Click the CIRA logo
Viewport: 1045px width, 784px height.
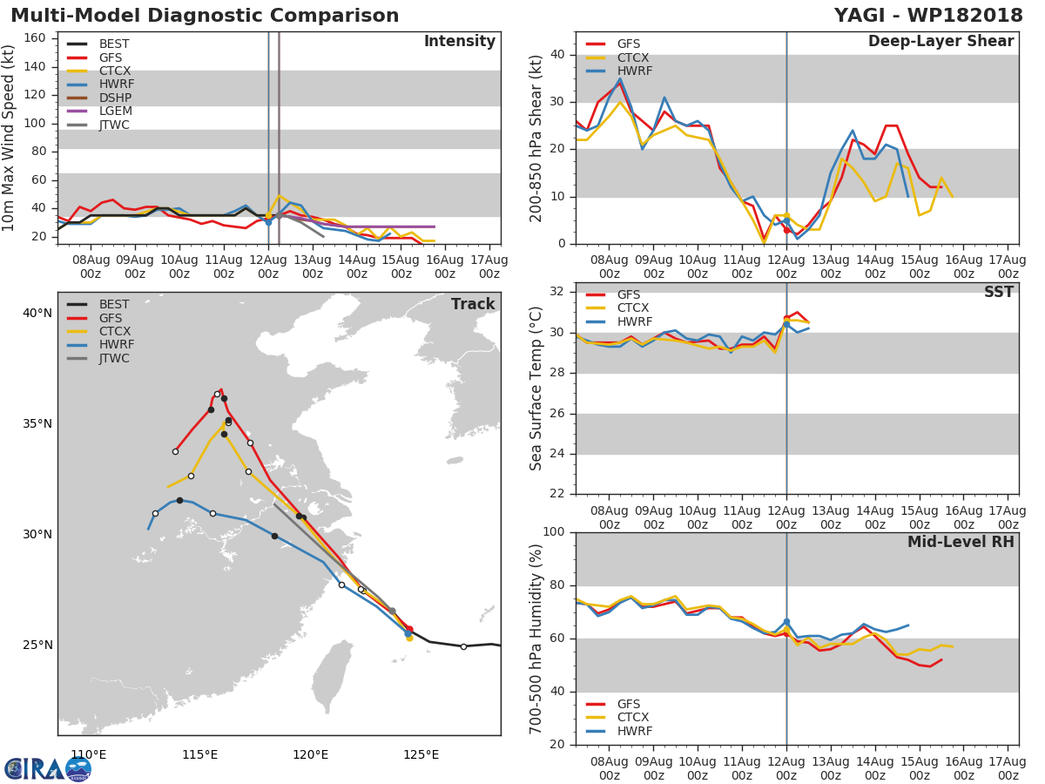[48, 769]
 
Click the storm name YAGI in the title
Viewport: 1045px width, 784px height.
[861, 15]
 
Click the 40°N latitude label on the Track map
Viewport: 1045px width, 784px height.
[37, 314]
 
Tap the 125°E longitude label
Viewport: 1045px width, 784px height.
[421, 754]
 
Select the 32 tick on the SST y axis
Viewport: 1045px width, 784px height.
[557, 291]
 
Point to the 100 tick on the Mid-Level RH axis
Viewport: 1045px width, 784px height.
[554, 531]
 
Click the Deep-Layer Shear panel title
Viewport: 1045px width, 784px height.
[940, 42]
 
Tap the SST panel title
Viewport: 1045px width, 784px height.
[998, 292]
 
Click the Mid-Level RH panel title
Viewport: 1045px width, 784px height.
[961, 542]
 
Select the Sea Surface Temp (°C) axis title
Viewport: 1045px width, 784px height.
[536, 389]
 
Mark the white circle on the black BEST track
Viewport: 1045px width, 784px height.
[463, 646]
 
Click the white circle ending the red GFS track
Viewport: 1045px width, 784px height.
[175, 451]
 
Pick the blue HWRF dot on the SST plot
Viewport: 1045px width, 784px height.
[786, 324]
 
